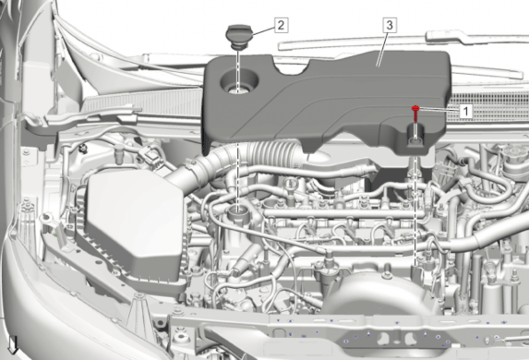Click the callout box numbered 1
(x=465, y=111)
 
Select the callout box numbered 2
(x=281, y=25)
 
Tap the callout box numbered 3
(x=390, y=25)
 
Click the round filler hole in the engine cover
(x=239, y=81)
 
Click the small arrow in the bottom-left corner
(x=13, y=346)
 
